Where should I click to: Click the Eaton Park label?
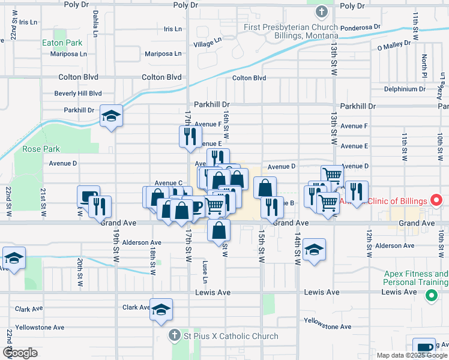pyautogui.click(x=62, y=43)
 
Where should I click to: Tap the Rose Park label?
pyautogui.click(x=41, y=149)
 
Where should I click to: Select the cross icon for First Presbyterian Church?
pyautogui.click(x=322, y=11)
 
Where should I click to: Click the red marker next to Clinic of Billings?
pyautogui.click(x=437, y=200)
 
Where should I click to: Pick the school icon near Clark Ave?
pyautogui.click(x=161, y=310)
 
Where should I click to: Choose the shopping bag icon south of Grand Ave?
pyautogui.click(x=219, y=230)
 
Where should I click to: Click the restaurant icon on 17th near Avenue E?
pyautogui.click(x=190, y=136)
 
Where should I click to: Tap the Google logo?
pyautogui.click(x=20, y=353)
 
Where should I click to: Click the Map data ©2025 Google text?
pyautogui.click(x=412, y=355)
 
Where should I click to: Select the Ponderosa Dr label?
pyautogui.click(x=360, y=28)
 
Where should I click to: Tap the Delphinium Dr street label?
pyautogui.click(x=409, y=89)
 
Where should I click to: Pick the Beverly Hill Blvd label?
pyautogui.click(x=78, y=94)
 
